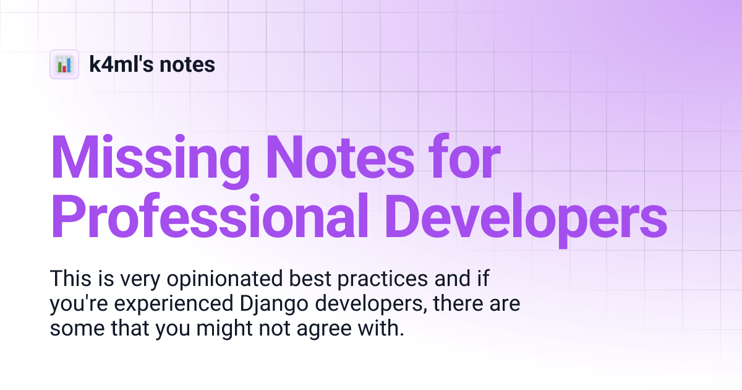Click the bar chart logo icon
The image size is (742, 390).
64,64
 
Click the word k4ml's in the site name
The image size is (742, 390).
121,64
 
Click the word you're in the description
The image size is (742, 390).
77,305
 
